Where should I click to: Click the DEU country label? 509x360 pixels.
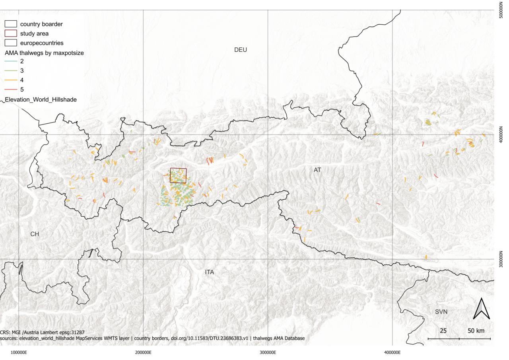coord(240,50)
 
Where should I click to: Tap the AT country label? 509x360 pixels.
coord(317,170)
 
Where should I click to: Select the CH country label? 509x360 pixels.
coord(35,234)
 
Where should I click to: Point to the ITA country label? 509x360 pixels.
coord(209,272)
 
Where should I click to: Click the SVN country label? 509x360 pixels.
coord(441,312)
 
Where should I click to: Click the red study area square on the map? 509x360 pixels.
coord(178,175)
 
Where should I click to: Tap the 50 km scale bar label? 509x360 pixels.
coord(476,331)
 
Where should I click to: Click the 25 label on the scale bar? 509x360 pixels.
coord(443,331)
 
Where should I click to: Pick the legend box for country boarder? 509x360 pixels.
coord(11,24)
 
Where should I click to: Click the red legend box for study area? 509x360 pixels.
coord(11,33)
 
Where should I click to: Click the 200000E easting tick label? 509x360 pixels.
coord(143,353)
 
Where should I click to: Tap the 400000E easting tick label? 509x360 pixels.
coord(392,353)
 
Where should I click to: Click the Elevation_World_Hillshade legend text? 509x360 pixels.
coord(41,99)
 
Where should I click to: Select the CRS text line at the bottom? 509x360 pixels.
coord(43,332)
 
